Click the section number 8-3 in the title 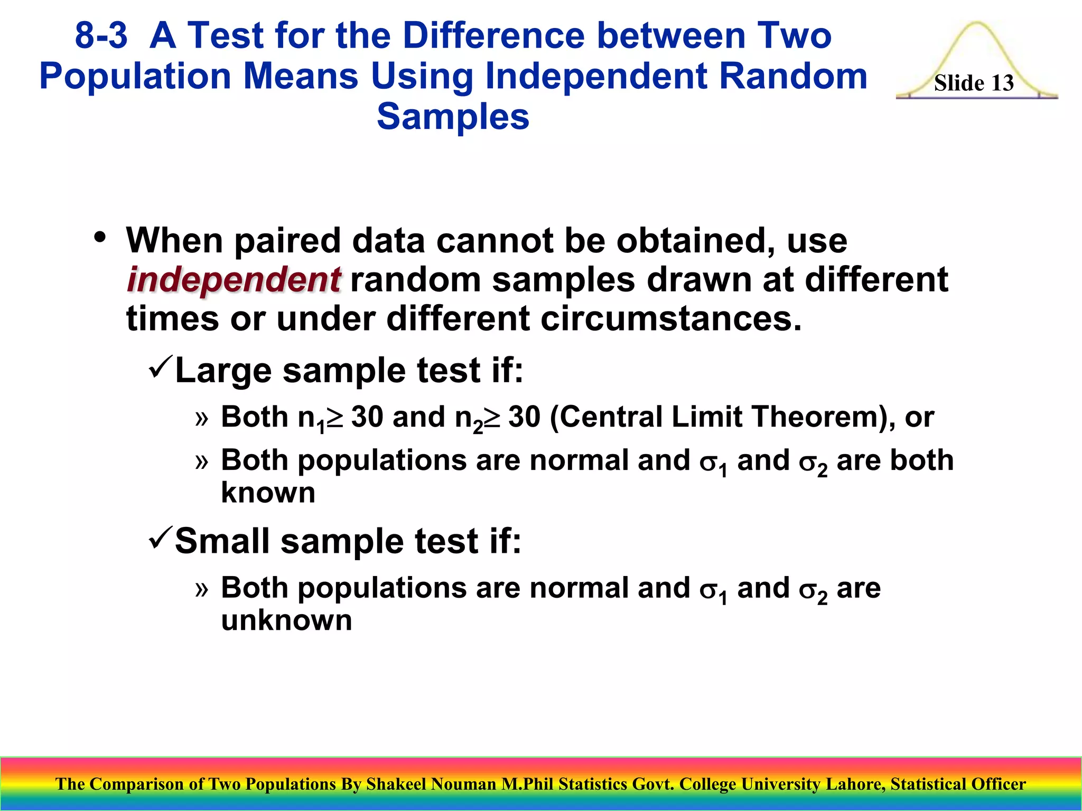point(101,36)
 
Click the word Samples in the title point(453,117)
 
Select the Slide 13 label point(974,83)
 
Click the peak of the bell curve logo point(977,24)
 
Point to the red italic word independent point(234,280)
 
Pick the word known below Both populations point(268,493)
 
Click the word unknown point(286,620)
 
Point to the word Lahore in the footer point(855,784)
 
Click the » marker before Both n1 point(201,419)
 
